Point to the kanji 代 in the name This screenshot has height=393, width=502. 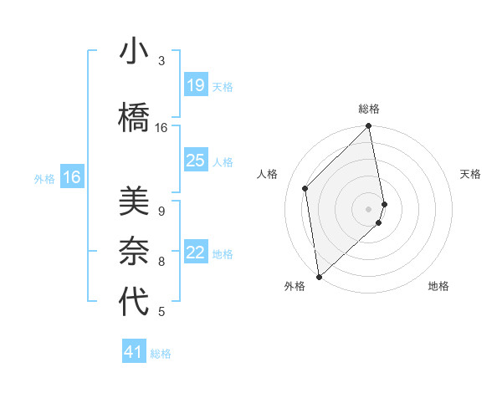coord(134,301)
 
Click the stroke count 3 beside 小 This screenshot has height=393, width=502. coord(161,61)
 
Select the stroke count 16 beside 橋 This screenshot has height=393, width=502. coord(161,128)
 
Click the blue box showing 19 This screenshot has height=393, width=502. coord(195,84)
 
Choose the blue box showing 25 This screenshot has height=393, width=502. coord(195,161)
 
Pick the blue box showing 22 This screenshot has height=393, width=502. coord(195,253)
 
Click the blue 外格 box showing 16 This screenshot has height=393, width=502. coord(72,177)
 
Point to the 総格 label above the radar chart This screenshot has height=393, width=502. coord(369,109)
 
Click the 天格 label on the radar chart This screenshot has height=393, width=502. coord(470,174)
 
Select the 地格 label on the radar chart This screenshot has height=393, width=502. coord(438,286)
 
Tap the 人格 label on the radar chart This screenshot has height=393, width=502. coord(268,174)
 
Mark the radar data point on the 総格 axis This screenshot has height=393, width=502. coord(369,127)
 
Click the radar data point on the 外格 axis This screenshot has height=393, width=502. coord(318,276)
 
